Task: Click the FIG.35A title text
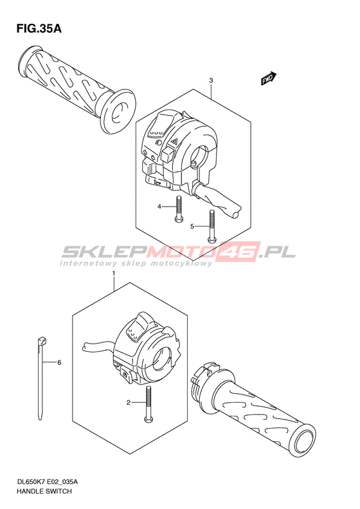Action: pyautogui.click(x=39, y=28)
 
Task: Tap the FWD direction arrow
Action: pyautogui.click(x=269, y=79)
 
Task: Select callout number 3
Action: pyautogui.click(x=211, y=80)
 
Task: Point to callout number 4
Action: pyautogui.click(x=159, y=207)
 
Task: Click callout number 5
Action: pyautogui.click(x=192, y=227)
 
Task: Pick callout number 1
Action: pyautogui.click(x=114, y=273)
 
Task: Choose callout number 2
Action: pyautogui.click(x=129, y=403)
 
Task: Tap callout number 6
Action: pyautogui.click(x=59, y=362)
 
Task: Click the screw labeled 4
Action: pyautogui.click(x=178, y=210)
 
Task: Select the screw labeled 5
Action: pyautogui.click(x=212, y=227)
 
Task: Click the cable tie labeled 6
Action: pyautogui.click(x=41, y=379)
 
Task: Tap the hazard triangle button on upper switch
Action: pyautogui.click(x=174, y=141)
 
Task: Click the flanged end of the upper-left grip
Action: pyautogui.click(x=118, y=111)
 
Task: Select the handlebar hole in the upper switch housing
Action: pyautogui.click(x=199, y=158)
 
